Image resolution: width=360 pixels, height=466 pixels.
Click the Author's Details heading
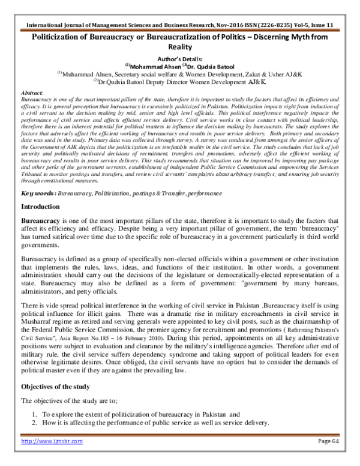180,59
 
